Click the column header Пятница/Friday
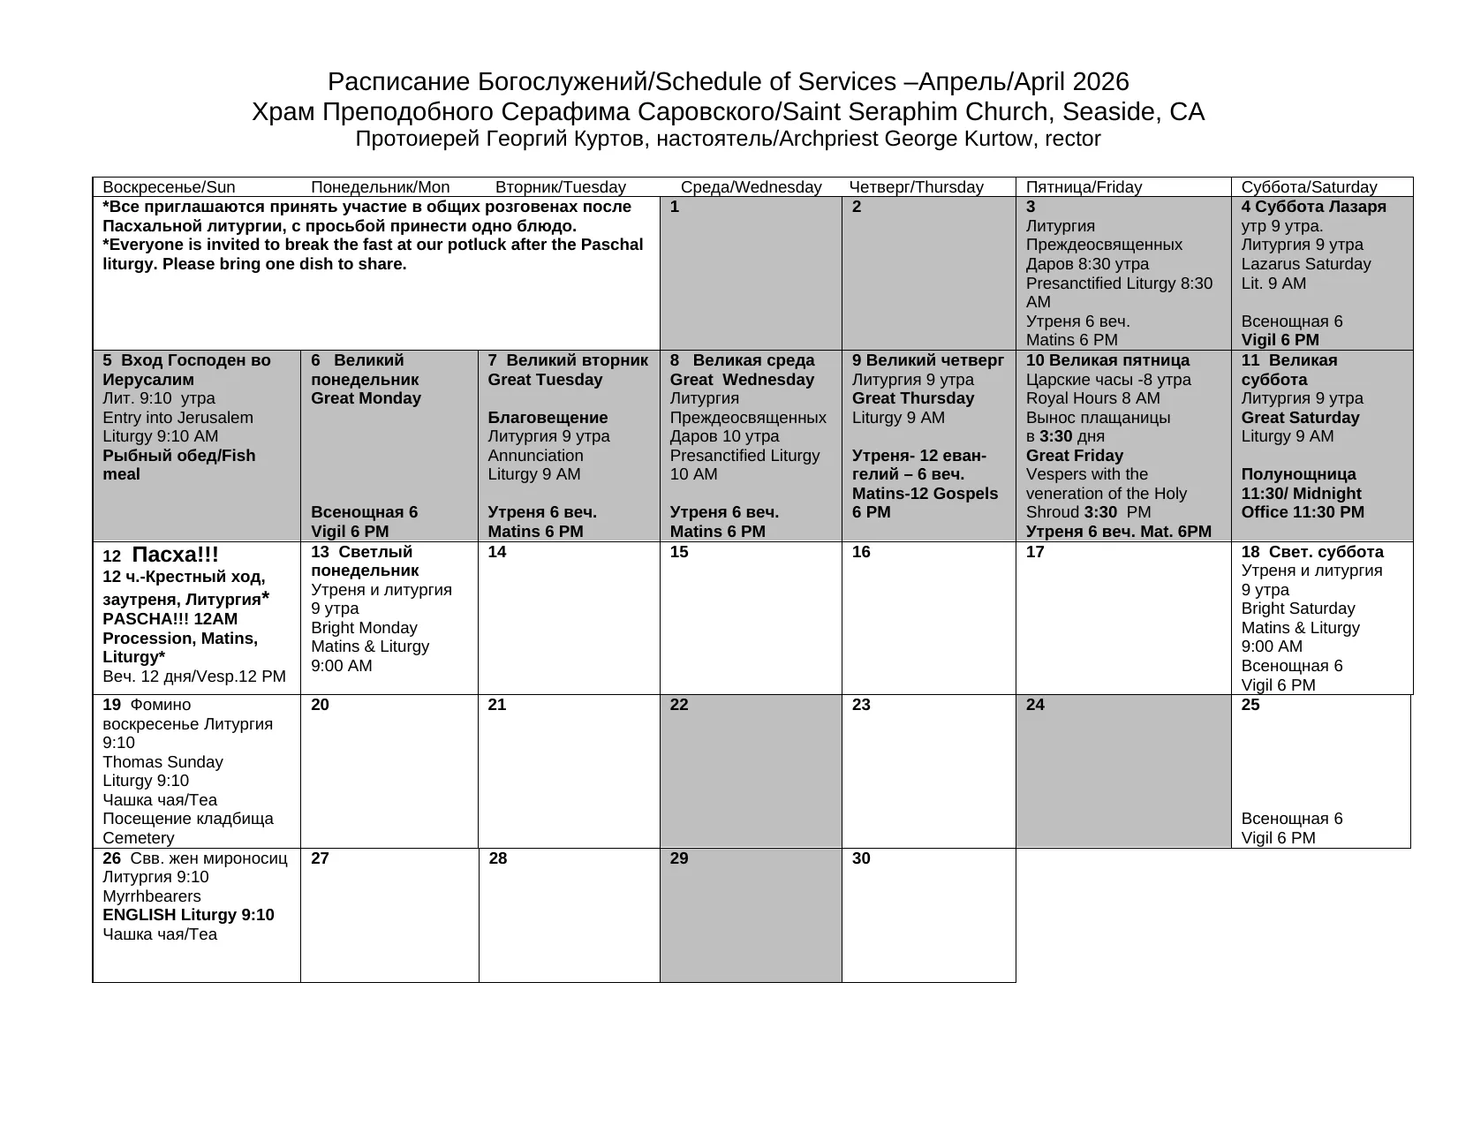pyautogui.click(x=1084, y=187)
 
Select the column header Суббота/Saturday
pyautogui.click(x=1309, y=187)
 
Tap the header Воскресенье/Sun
pyautogui.click(x=169, y=187)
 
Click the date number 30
pyautogui.click(x=861, y=858)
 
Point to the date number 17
pyautogui.click(x=1035, y=552)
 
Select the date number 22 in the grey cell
pyautogui.click(x=679, y=705)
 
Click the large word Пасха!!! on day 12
pyautogui.click(x=175, y=555)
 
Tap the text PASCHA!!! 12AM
pyautogui.click(x=170, y=619)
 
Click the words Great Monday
pyautogui.click(x=366, y=398)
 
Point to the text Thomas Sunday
pyautogui.click(x=162, y=762)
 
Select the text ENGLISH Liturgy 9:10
pyautogui.click(x=188, y=915)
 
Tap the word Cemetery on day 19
pyautogui.click(x=139, y=838)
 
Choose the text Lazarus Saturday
pyautogui.click(x=1305, y=264)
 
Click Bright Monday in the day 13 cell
pyautogui.click(x=364, y=628)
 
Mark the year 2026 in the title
pyautogui.click(x=1100, y=82)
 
